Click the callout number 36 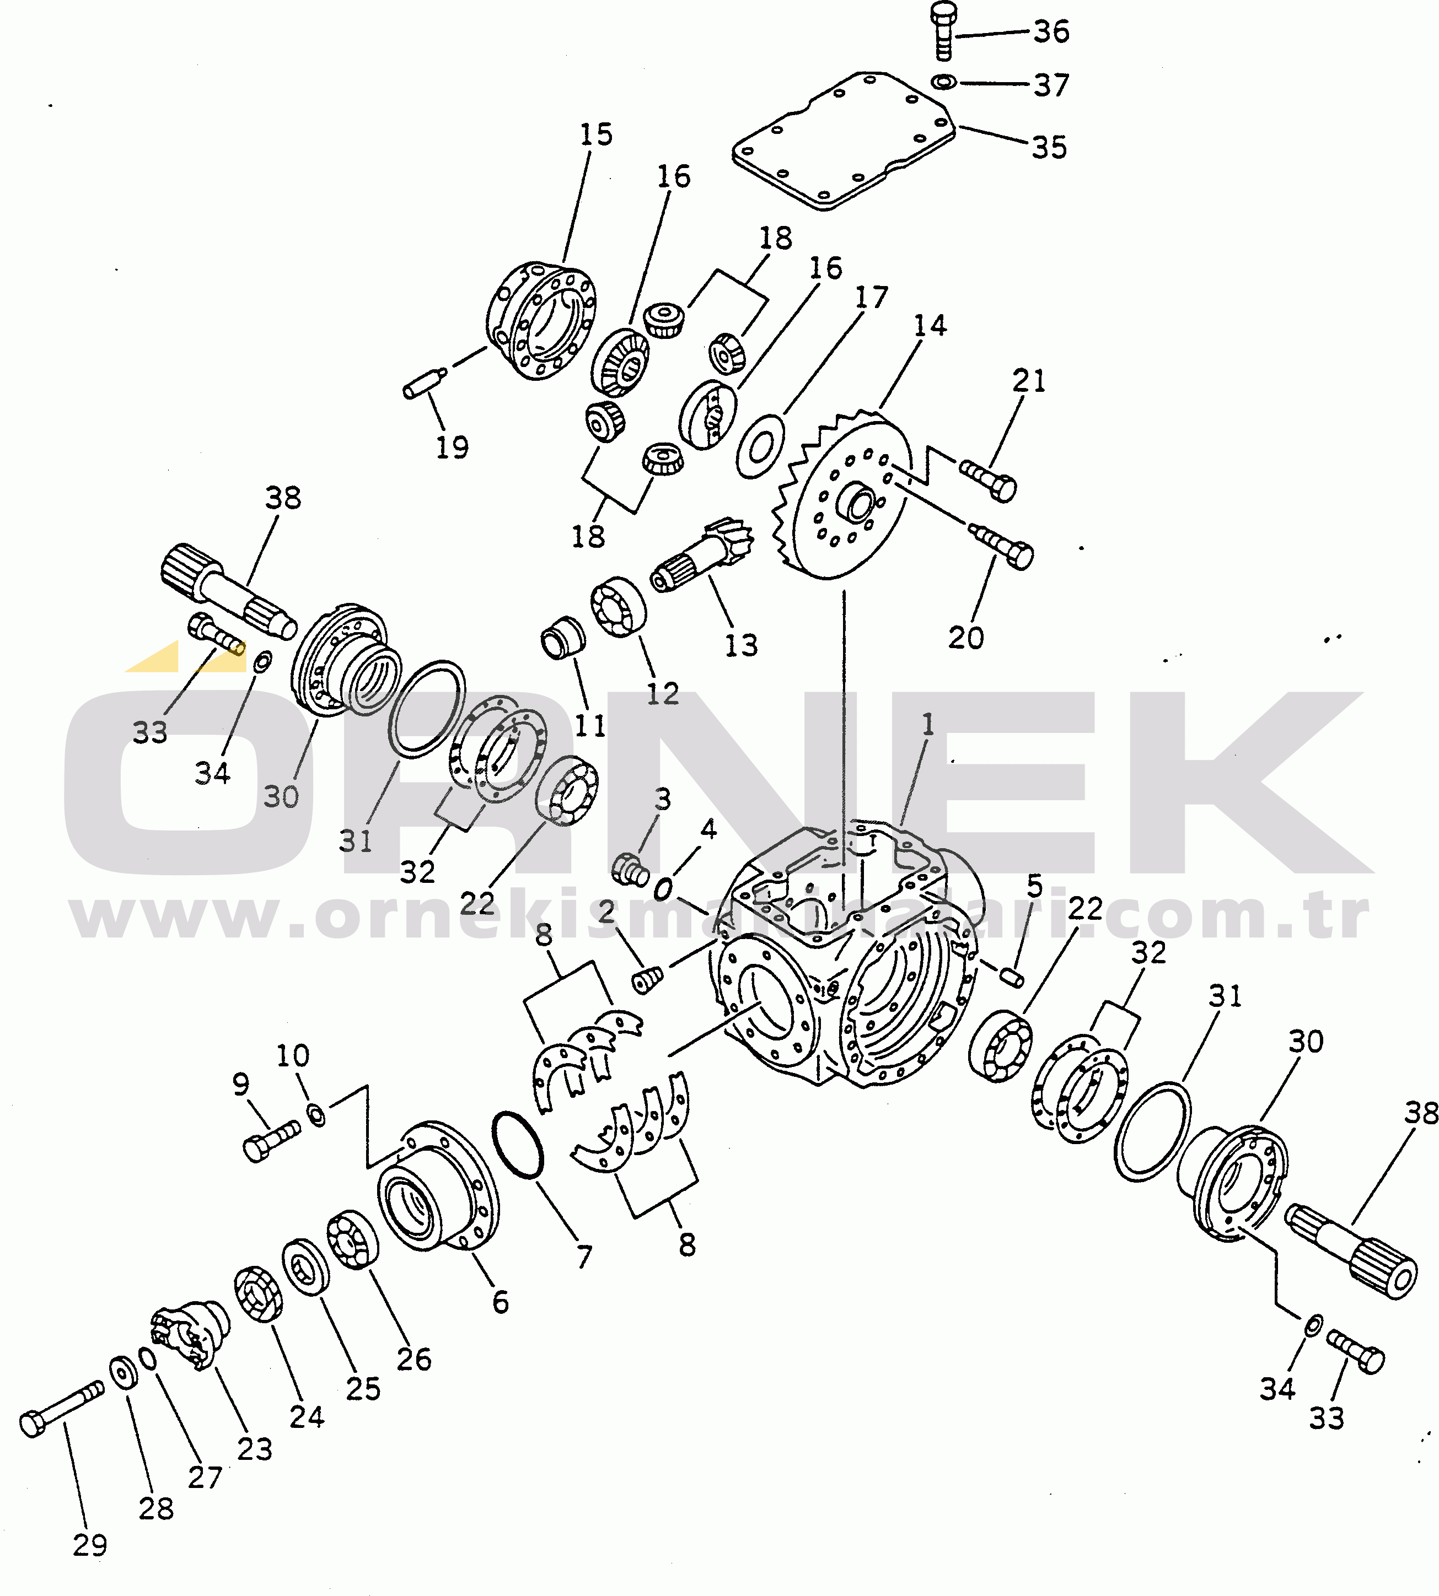pos(1051,31)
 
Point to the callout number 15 pos(596,134)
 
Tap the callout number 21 pos(1029,381)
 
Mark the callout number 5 pos(1035,886)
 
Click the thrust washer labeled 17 pos(761,446)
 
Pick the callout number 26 pos(414,1359)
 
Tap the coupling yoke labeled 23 pos(190,1334)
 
